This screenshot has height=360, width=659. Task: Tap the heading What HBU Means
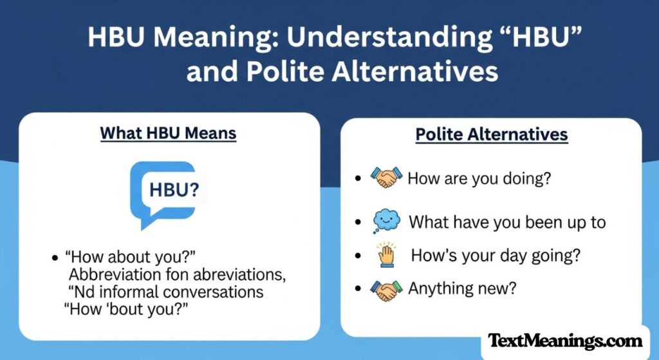[168, 133]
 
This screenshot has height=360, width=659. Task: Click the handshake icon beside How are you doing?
[386, 177]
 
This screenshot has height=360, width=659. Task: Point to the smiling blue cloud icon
[386, 221]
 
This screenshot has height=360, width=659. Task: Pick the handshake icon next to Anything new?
[386, 289]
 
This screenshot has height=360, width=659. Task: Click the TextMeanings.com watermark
[565, 341]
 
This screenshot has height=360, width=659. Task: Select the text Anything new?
[462, 289]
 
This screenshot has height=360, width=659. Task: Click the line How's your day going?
[496, 256]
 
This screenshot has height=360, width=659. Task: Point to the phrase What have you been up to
[508, 222]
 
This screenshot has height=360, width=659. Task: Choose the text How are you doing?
[479, 178]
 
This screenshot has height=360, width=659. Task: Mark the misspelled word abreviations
[227, 274]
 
